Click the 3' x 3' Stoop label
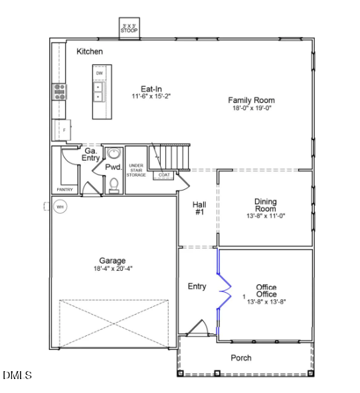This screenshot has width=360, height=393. point(129,28)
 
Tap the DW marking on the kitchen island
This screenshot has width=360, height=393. point(99,73)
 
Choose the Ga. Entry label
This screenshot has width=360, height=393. point(90,154)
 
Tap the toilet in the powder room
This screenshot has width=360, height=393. point(114,183)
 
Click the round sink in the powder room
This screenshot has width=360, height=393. point(113,155)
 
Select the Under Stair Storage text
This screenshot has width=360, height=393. point(136,170)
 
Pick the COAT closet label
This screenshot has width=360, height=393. point(164,175)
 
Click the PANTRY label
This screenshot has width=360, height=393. point(64,190)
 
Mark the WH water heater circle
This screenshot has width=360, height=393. point(60,207)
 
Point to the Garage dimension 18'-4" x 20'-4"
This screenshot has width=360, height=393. point(112,269)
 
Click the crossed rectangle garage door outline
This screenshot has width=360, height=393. point(115,323)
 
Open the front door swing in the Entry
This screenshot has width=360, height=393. point(197,328)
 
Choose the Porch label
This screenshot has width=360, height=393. point(241,358)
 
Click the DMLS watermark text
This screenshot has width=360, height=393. point(17,376)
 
